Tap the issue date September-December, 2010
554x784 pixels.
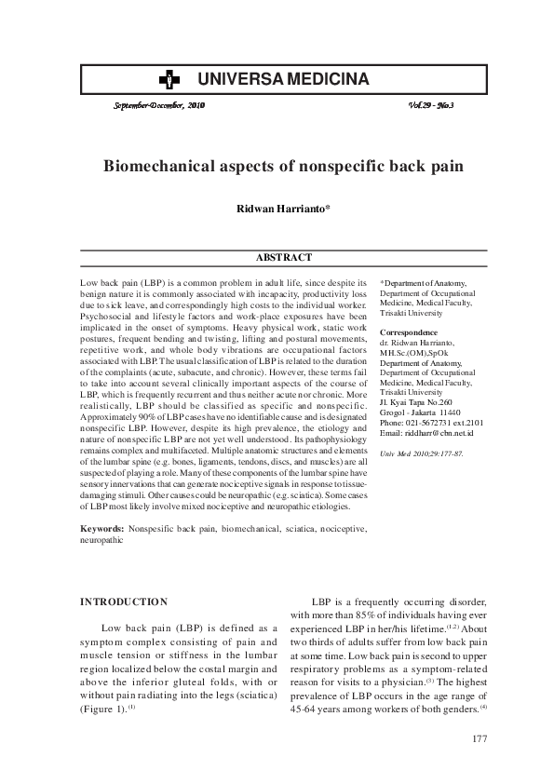pyautogui.click(x=158, y=106)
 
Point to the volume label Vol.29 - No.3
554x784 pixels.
pyautogui.click(x=437, y=106)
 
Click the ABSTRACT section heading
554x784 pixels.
pyautogui.click(x=283, y=257)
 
